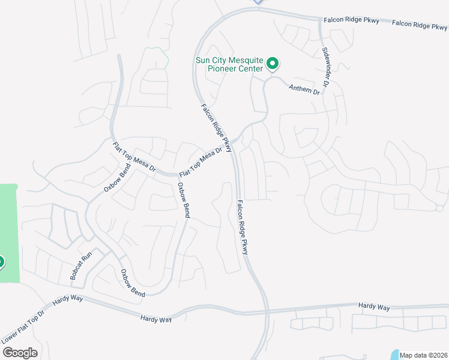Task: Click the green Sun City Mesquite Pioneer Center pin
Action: (272, 63)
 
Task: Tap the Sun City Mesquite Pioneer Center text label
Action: (230, 64)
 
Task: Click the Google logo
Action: (20, 353)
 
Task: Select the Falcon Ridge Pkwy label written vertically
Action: (242, 227)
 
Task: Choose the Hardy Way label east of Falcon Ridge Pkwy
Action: (374, 307)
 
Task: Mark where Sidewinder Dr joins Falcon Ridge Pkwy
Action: (321, 20)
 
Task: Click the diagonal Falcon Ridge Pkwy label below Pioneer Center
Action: (215, 127)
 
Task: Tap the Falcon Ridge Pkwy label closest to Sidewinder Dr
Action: (352, 21)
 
